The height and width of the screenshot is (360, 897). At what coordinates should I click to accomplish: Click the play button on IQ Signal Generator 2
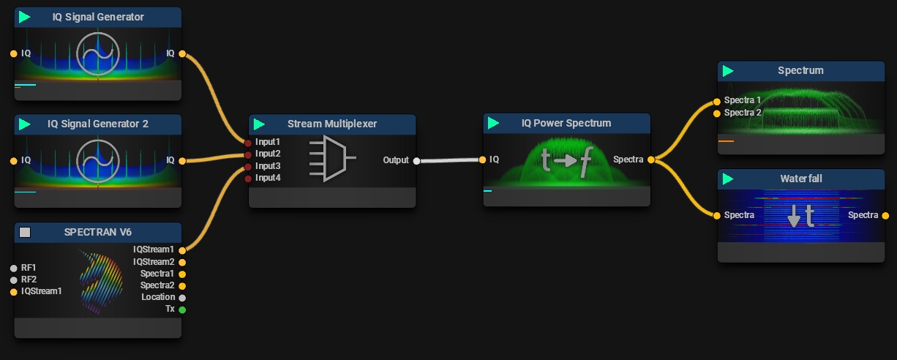[25, 124]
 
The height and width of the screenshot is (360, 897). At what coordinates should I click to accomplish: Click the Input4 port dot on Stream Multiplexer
[248, 179]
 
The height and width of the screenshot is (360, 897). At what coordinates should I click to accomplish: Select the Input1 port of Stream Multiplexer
[248, 142]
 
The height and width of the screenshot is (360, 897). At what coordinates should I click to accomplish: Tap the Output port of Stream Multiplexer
[416, 161]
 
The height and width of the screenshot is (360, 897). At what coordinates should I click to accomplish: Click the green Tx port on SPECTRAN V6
[182, 310]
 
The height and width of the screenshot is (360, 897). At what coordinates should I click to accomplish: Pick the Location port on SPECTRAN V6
[182, 298]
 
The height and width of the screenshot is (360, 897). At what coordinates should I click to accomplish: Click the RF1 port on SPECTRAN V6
[13, 268]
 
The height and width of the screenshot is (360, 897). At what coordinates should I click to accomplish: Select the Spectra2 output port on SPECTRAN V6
[182, 285]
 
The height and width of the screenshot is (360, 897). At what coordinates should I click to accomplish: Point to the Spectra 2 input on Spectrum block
[717, 113]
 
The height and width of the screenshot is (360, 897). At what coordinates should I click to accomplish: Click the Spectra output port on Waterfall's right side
[885, 215]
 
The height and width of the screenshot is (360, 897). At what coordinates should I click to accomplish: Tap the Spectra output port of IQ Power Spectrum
[650, 159]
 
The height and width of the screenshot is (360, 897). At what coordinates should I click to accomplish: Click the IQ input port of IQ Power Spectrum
[482, 159]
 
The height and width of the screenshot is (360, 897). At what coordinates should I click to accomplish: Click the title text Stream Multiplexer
[332, 124]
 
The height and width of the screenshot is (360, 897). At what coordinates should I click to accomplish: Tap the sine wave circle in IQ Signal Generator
[98, 53]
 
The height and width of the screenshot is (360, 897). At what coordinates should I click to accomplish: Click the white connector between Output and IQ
[448, 160]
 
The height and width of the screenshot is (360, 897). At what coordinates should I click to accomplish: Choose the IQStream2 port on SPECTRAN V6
[182, 262]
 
